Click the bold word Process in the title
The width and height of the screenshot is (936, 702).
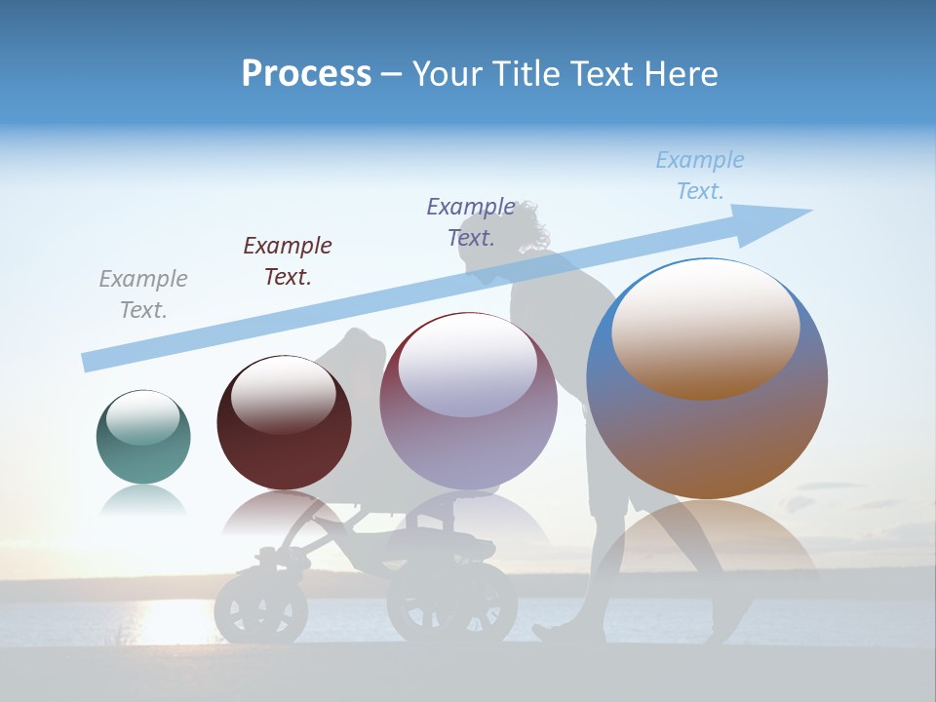click(x=306, y=73)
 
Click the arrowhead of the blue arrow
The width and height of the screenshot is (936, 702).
click(x=780, y=218)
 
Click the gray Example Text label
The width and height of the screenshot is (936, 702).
click(x=142, y=293)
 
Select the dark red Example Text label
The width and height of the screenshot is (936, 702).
click(x=288, y=260)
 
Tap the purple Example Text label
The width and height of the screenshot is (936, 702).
click(x=471, y=221)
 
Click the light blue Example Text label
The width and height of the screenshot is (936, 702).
click(x=700, y=175)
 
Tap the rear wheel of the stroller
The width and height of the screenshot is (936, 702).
click(x=451, y=604)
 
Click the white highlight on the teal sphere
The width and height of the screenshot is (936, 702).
click(x=142, y=417)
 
